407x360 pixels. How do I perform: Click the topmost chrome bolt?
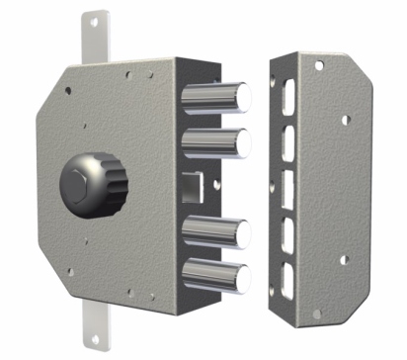pos(216,96)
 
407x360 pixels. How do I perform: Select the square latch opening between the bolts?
pos(192,184)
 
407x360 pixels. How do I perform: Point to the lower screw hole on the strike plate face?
pos(345,260)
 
